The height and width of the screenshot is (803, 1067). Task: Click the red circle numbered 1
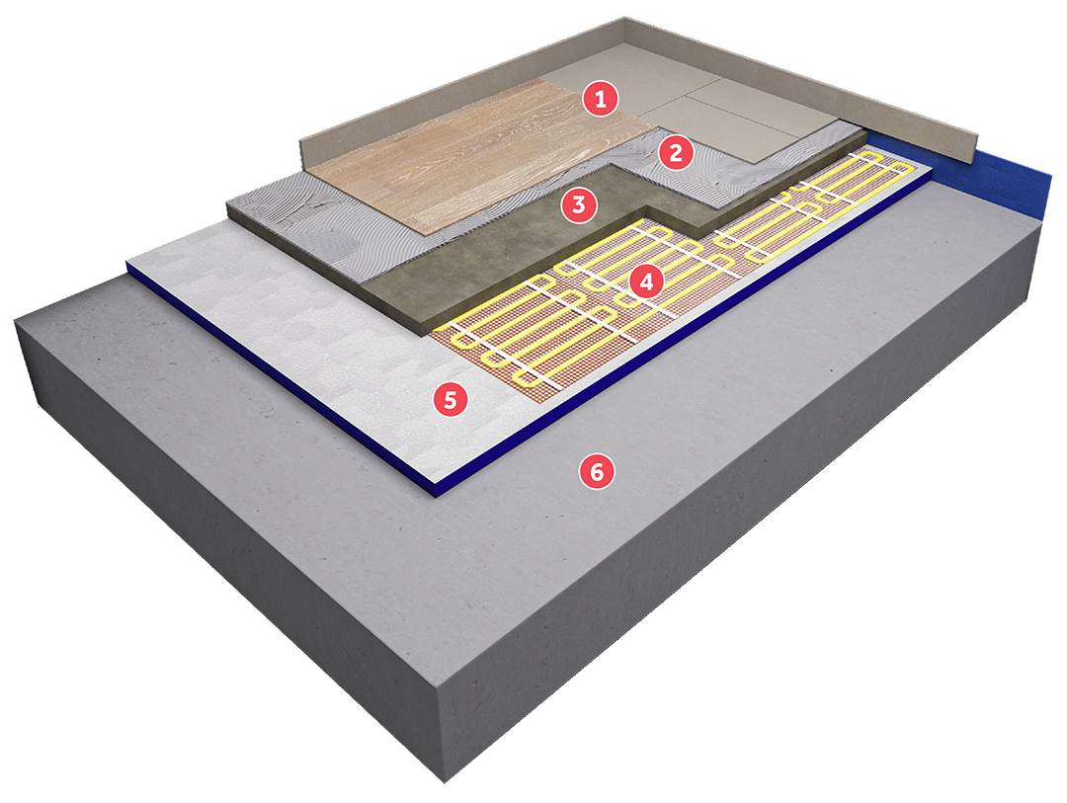pos(601,100)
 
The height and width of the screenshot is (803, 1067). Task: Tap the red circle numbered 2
pos(675,153)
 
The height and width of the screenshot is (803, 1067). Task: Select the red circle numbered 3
pos(578,204)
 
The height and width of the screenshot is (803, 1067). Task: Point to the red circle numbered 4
pos(646,281)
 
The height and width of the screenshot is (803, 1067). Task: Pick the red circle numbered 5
pos(451,399)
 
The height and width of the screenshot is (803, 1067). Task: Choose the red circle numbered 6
pos(597,471)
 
